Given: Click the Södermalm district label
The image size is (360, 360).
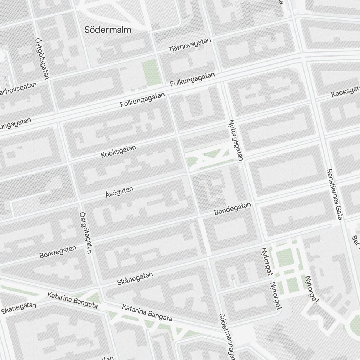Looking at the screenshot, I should (x=108, y=30).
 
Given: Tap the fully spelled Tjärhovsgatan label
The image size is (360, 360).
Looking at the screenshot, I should (x=189, y=46).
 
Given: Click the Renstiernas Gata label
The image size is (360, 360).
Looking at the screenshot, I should (x=334, y=194).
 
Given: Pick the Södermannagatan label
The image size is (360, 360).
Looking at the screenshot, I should (x=227, y=337).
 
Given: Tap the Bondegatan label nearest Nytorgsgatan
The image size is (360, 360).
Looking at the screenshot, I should (x=232, y=208).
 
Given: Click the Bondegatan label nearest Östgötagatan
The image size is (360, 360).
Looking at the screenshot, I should (x=58, y=252).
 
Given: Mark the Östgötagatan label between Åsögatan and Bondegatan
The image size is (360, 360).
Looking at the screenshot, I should (x=85, y=233).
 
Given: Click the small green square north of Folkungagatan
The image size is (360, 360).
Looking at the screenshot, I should (x=150, y=73).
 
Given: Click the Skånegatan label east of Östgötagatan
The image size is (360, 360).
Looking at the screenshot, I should (x=135, y=279).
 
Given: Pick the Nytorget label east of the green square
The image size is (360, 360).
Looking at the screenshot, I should (x=312, y=290).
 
